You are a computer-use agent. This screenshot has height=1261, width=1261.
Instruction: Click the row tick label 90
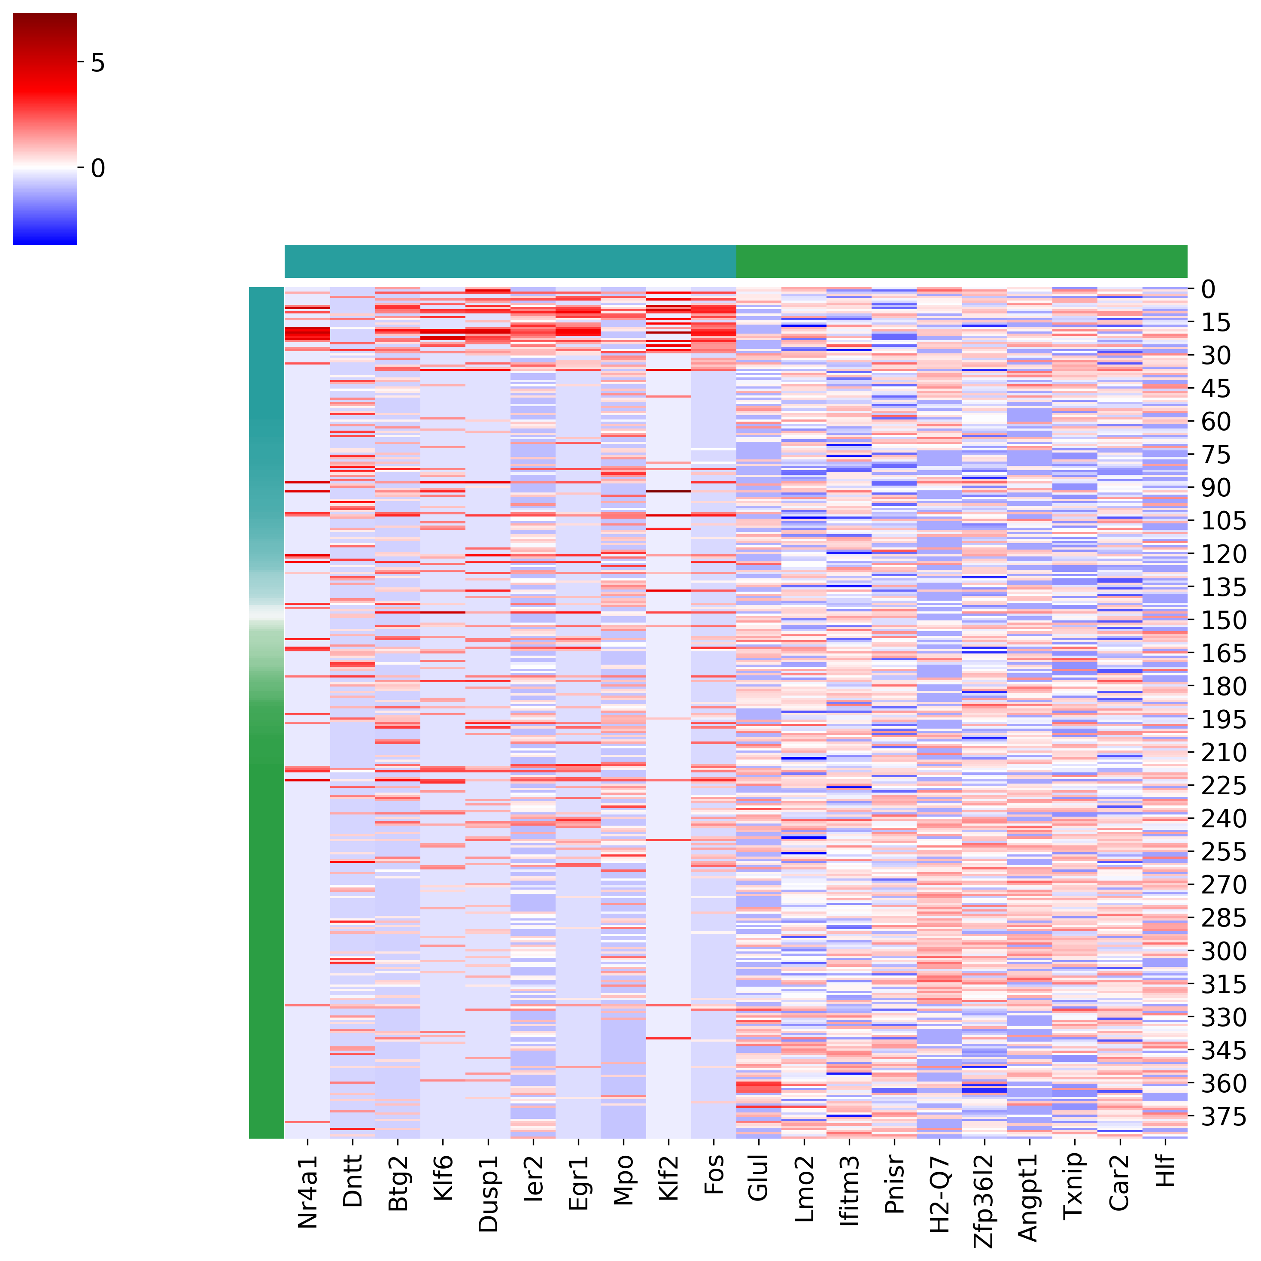click(x=1217, y=488)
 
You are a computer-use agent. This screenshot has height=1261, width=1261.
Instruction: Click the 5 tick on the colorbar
click(x=98, y=63)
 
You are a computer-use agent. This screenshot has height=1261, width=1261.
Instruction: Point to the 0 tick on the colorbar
click(x=98, y=168)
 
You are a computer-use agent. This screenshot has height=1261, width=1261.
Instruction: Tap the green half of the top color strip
click(x=961, y=261)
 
